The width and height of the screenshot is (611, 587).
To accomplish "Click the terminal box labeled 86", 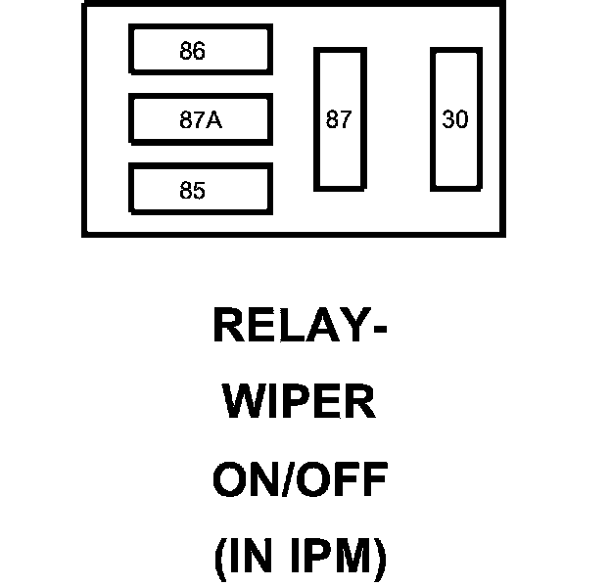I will click(x=200, y=50).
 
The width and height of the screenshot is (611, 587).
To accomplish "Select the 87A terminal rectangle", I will click(x=200, y=119).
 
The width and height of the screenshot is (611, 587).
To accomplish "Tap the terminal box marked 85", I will click(x=200, y=190).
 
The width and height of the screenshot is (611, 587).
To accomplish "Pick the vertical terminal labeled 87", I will click(x=339, y=119).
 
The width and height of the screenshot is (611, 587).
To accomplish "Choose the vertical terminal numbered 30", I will click(x=455, y=119).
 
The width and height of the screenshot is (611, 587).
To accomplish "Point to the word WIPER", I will click(x=300, y=403).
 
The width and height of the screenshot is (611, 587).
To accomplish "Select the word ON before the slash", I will click(x=241, y=481).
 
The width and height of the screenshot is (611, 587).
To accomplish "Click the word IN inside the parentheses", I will click(x=252, y=559).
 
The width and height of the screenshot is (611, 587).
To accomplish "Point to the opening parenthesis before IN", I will click(x=219, y=560).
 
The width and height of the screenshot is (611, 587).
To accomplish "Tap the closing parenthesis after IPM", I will click(x=380, y=560).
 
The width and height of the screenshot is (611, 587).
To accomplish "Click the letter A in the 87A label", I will click(x=214, y=120).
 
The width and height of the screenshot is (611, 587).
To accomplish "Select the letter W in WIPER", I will click(x=242, y=403).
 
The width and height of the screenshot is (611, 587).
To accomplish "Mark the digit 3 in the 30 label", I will click(x=448, y=119).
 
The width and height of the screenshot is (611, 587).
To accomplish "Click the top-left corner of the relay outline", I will click(x=84, y=4).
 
